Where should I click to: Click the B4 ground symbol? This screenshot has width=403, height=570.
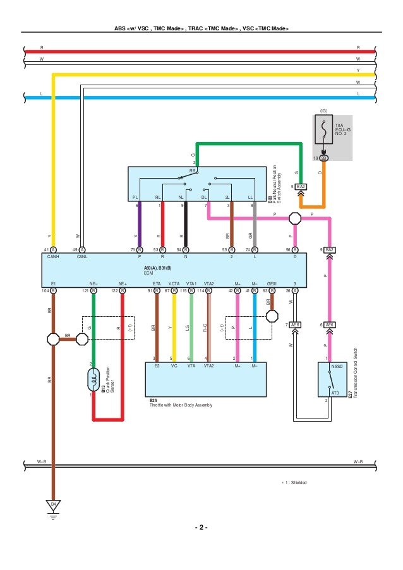(x=54, y=505)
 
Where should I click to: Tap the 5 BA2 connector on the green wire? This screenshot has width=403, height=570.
(x=301, y=187)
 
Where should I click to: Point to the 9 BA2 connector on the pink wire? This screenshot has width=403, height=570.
(x=329, y=250)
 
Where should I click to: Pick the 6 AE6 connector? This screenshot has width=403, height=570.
(x=329, y=324)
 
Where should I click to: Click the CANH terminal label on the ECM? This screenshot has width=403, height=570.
(x=53, y=257)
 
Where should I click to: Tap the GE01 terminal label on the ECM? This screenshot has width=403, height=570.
(x=272, y=284)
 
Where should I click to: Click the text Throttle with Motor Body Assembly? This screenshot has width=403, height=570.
(x=181, y=405)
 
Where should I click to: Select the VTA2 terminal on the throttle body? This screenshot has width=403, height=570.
(x=208, y=365)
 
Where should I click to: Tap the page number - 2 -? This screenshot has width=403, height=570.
(x=201, y=527)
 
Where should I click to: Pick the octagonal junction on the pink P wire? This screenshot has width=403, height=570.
(x=295, y=218)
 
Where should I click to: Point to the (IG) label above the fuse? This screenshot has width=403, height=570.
(x=323, y=110)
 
